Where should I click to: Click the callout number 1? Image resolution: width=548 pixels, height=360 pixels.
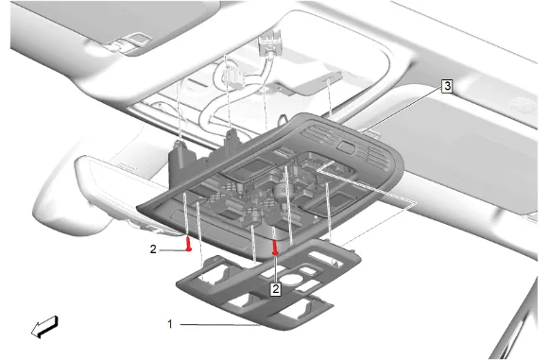[170, 324]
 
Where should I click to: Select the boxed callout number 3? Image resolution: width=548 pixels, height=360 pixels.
[447, 86]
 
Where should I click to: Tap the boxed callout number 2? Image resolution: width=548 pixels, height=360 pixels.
[276, 289]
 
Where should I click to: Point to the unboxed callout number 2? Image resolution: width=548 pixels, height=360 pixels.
[153, 249]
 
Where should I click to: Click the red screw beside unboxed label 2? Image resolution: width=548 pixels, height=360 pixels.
[189, 244]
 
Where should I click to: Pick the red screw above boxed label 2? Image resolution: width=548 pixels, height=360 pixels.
[275, 247]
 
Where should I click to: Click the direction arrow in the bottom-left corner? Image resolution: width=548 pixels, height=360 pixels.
[44, 327]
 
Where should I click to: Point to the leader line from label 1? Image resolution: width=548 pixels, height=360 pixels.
[220, 325]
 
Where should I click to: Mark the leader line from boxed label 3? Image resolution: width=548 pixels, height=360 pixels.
[402, 110]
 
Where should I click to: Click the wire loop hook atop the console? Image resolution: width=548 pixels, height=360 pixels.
[283, 120]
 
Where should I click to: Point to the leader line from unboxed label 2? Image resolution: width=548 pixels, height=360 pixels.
[172, 250]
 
